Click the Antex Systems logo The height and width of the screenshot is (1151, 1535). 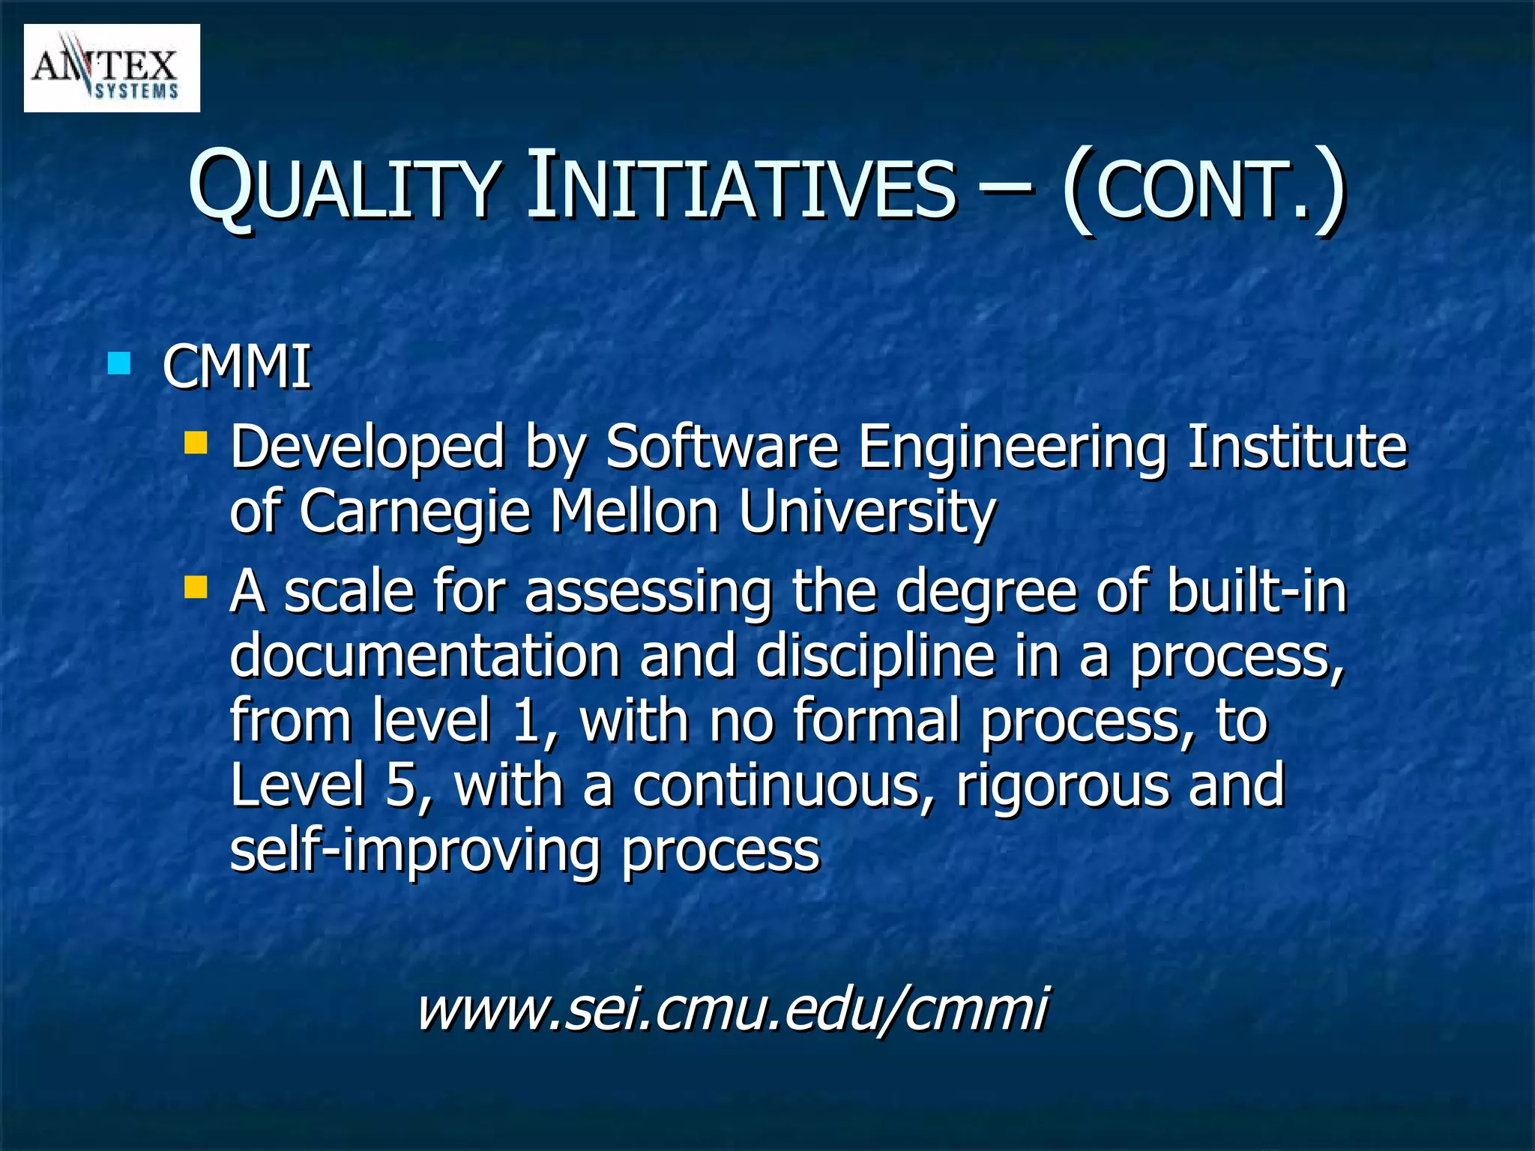pos(112,68)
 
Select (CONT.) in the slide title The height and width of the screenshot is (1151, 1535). pos(1203,189)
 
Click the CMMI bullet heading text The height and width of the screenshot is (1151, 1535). pos(237,367)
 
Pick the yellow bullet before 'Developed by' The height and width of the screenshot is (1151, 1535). pos(196,442)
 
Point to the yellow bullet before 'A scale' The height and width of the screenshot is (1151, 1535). pos(196,587)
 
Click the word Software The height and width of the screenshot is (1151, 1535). pos(721,447)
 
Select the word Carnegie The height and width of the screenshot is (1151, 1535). pos(415,513)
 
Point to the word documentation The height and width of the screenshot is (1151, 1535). pos(425,656)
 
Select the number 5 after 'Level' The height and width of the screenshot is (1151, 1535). pos(401,785)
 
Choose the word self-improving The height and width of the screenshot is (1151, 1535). pos(414,851)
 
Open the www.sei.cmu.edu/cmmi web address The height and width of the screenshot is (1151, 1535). pos(732,1009)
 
